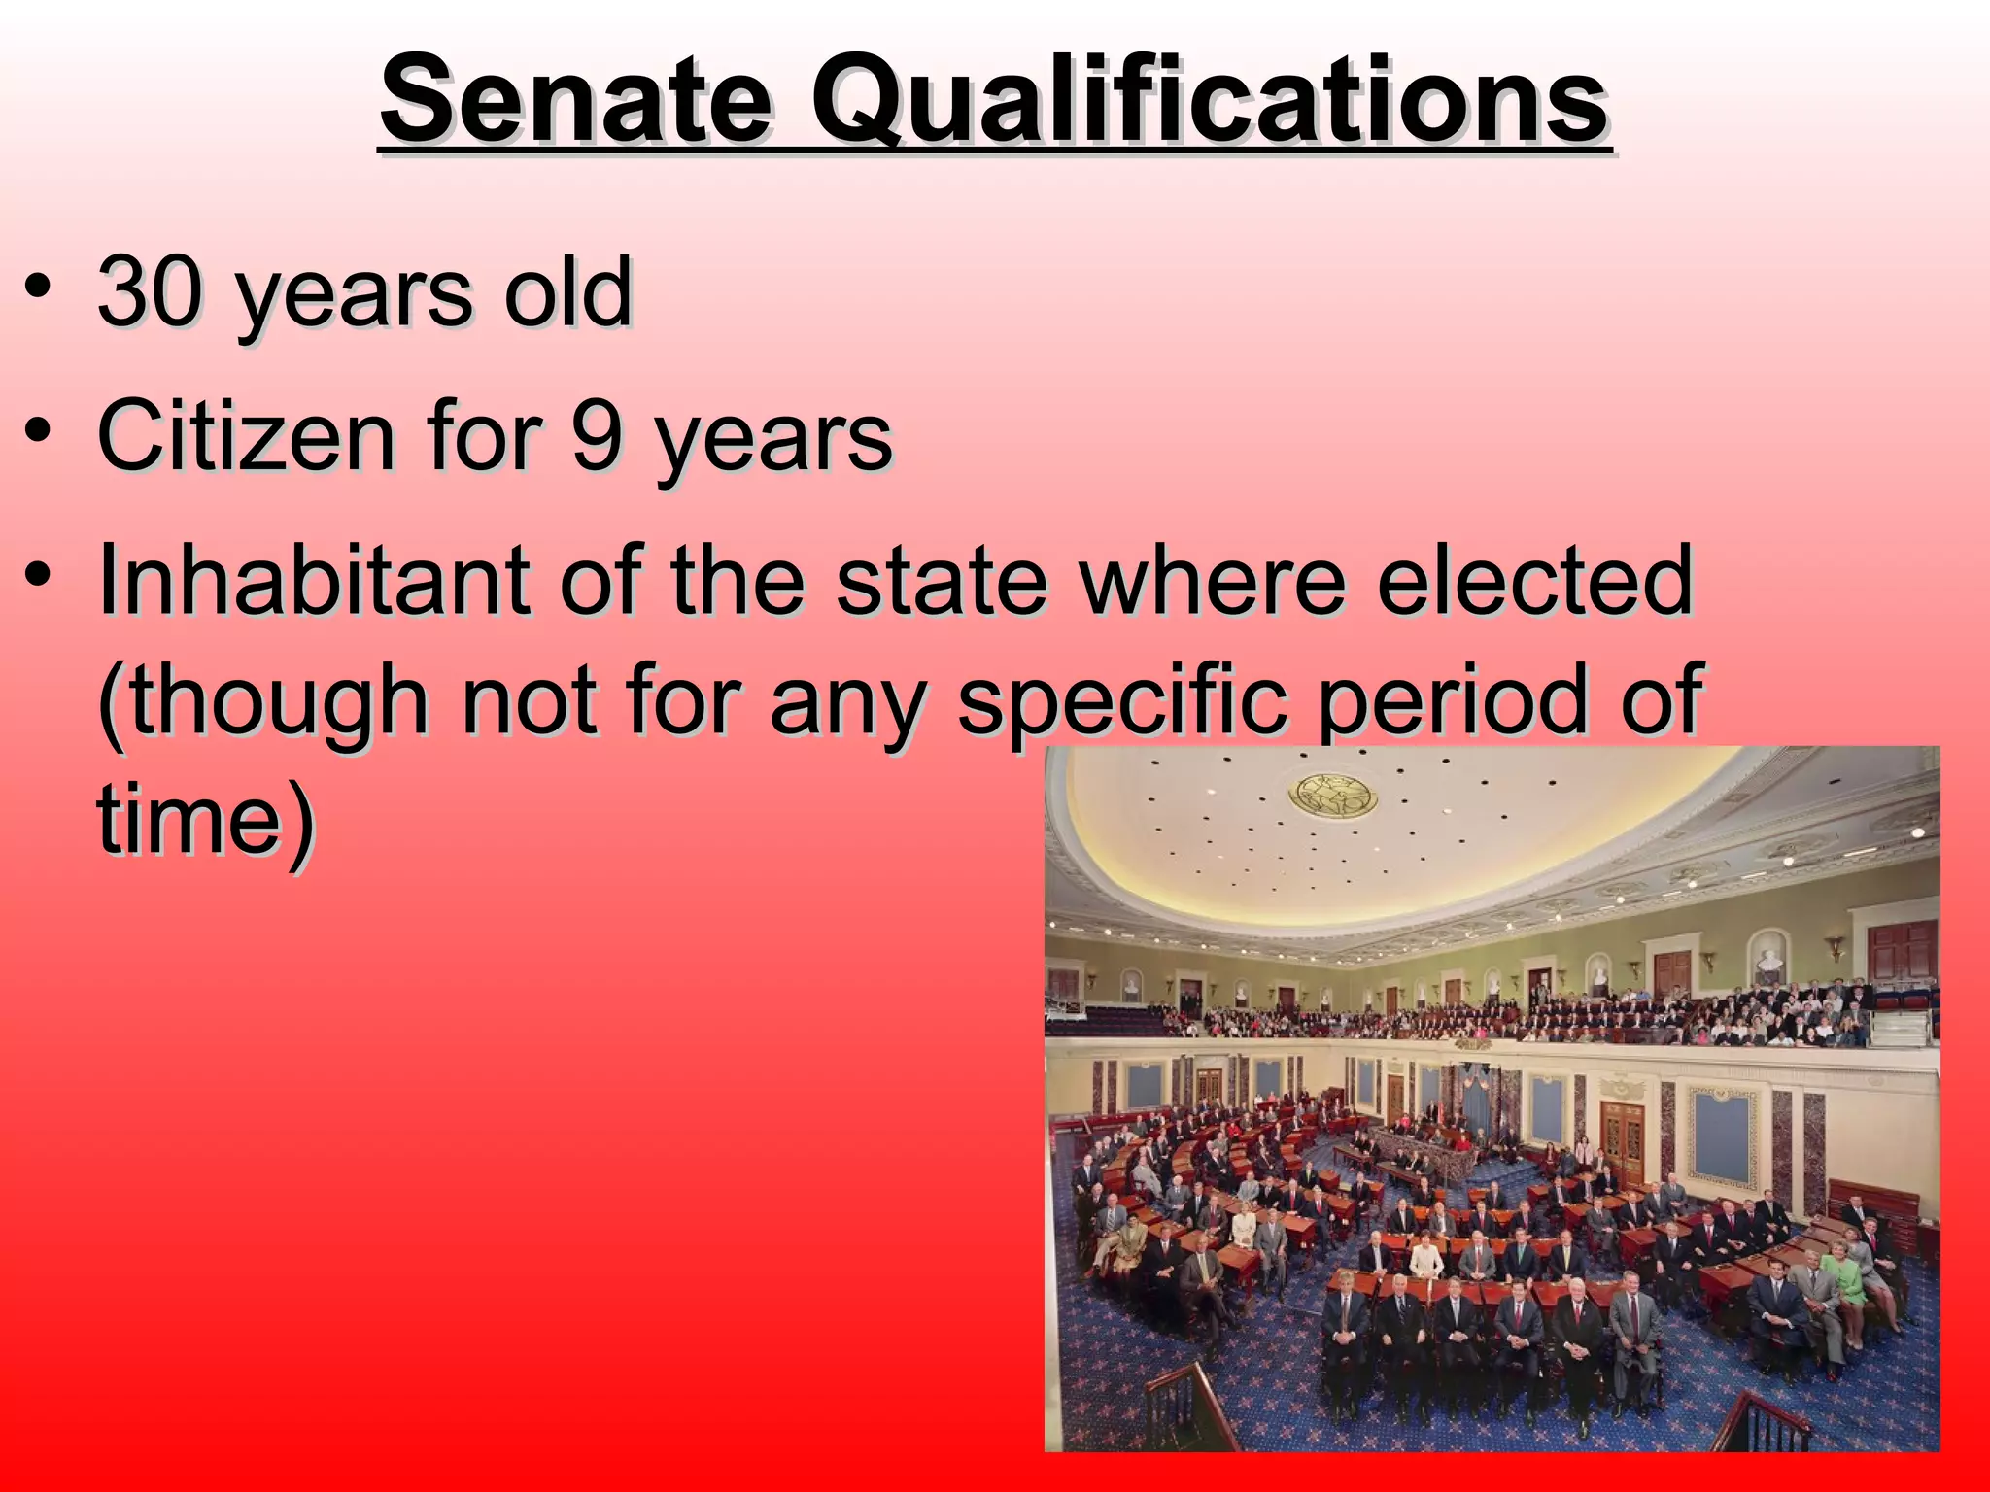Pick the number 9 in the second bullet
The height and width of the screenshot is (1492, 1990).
[x=595, y=436]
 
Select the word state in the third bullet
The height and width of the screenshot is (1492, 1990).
[x=942, y=581]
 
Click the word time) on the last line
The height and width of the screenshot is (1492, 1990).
[x=206, y=819]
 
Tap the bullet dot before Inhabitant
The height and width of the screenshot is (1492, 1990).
[x=38, y=580]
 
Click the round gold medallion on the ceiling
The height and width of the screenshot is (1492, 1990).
[x=1332, y=796]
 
